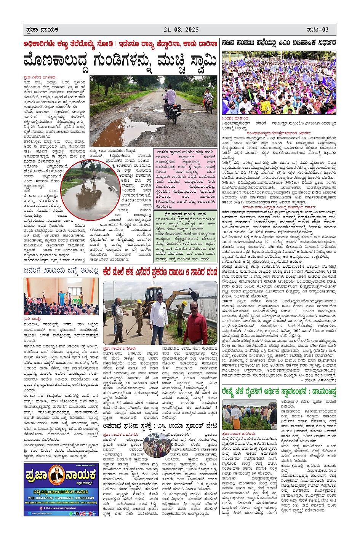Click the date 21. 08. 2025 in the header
tap(181, 29)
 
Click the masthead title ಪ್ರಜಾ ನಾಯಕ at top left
tap(42, 29)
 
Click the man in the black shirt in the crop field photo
tap(272, 415)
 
